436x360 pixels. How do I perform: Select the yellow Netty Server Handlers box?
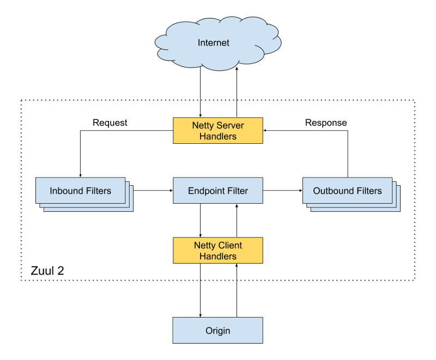(x=218, y=131)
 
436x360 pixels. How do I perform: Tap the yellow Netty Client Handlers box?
(x=218, y=251)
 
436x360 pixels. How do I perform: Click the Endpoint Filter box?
(x=218, y=191)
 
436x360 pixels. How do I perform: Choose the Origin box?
(x=218, y=331)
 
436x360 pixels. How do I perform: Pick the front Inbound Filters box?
(x=80, y=191)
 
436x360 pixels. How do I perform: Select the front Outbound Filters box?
(x=347, y=191)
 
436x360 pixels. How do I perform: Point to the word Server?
(x=230, y=125)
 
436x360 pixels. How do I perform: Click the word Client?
(x=230, y=245)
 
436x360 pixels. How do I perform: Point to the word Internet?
(x=214, y=43)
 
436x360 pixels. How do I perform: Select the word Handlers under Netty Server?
(x=218, y=137)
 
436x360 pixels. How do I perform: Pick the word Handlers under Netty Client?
(x=218, y=257)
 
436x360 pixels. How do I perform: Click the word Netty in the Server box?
(x=203, y=125)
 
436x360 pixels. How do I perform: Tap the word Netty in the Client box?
(x=205, y=245)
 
